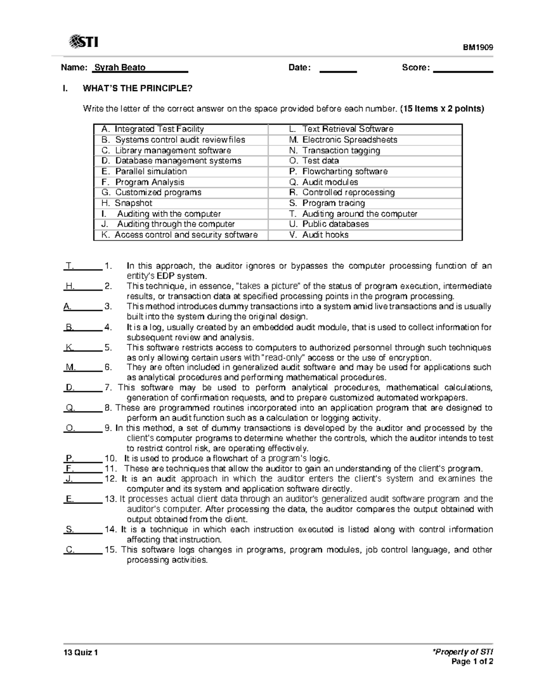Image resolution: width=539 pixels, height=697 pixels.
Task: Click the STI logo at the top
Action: tap(84, 42)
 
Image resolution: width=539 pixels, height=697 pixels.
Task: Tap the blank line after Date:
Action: tap(338, 69)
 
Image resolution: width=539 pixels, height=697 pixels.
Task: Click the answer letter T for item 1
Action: tap(70, 266)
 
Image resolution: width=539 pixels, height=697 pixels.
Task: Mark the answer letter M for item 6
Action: tap(70, 368)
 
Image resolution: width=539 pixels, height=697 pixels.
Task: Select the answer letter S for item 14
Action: tap(69, 530)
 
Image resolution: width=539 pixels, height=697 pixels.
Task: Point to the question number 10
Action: tap(110, 459)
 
